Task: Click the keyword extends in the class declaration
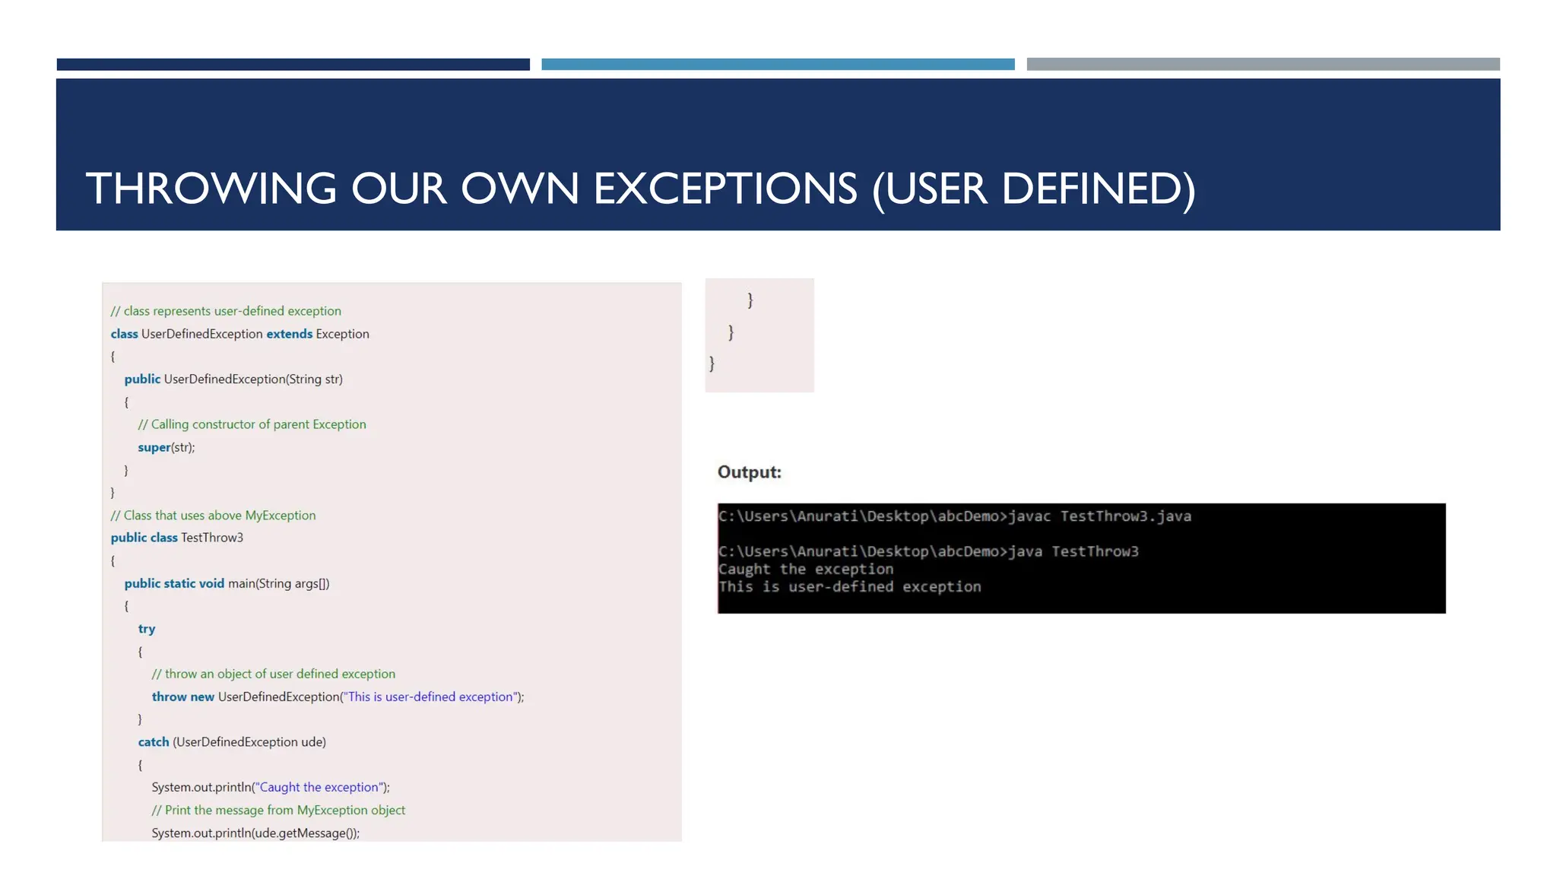(x=289, y=334)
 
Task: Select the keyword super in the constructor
(x=154, y=447)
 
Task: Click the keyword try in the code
(x=147, y=629)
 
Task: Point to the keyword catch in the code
(x=154, y=742)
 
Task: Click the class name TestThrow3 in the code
(x=212, y=538)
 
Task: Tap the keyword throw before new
(x=169, y=697)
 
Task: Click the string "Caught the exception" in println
(x=319, y=787)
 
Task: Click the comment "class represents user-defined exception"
(x=226, y=311)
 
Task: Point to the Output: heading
(x=749, y=472)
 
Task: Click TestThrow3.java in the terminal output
(x=1125, y=516)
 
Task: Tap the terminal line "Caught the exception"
(x=805, y=569)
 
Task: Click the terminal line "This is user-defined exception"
(x=849, y=586)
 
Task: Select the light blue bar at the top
(x=778, y=65)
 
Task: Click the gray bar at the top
(x=1263, y=65)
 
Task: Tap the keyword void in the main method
(x=211, y=583)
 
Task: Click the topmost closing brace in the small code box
(x=750, y=300)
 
